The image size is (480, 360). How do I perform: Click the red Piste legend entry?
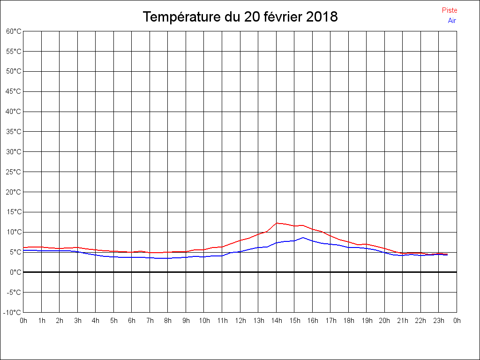pos(449,10)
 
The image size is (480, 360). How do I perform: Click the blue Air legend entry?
pos(452,21)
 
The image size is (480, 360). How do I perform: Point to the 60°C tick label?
pos(14,31)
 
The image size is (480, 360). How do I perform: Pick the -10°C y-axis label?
pos(13,313)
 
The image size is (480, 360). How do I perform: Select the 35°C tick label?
pos(14,132)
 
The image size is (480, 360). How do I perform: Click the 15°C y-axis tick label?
pos(14,212)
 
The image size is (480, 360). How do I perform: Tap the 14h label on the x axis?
pos(277,321)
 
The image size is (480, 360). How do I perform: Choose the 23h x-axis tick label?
pos(439,321)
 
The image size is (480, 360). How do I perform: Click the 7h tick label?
pos(150,321)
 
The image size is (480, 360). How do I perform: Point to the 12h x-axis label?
pos(240,321)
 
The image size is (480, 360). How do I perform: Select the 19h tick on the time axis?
pos(367,321)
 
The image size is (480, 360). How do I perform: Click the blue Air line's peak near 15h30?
pos(303,238)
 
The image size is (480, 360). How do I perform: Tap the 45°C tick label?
pos(14,91)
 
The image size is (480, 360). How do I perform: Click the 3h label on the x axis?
pos(78,321)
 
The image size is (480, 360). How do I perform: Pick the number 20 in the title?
pos(250,17)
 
